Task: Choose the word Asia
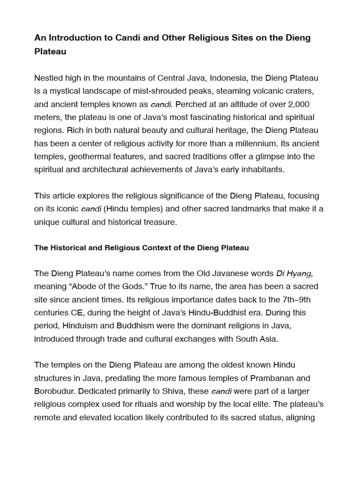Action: pyautogui.click(x=268, y=339)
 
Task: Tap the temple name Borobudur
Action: pyautogui.click(x=55, y=391)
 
